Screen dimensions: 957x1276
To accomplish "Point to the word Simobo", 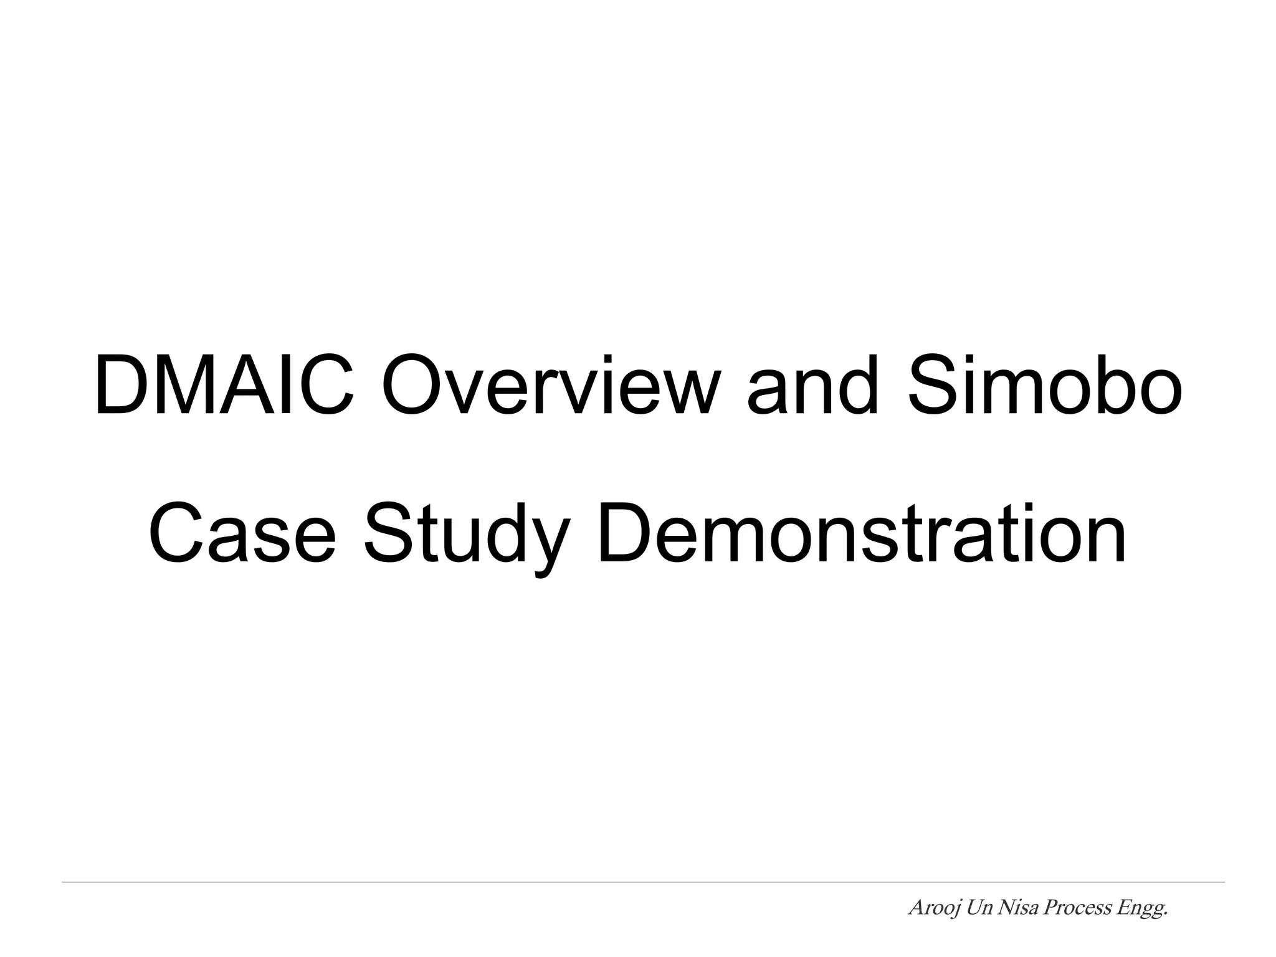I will (1044, 384).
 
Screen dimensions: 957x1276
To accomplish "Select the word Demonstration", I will (861, 532).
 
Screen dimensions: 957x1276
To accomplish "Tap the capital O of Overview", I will (411, 384).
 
